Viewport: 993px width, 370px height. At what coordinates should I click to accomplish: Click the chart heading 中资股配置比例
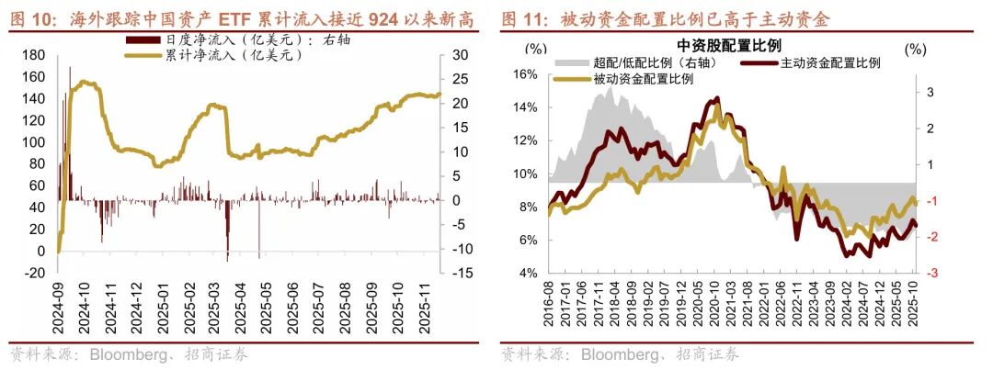click(x=722, y=45)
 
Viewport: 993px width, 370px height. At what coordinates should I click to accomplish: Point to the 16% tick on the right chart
click(x=523, y=74)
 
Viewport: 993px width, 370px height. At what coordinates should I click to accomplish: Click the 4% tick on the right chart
click(x=527, y=274)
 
